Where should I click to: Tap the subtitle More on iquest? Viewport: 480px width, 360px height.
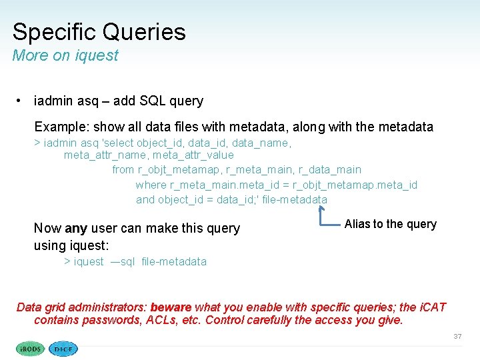[x=65, y=55]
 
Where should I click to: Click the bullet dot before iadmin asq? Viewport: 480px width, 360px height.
[x=21, y=101]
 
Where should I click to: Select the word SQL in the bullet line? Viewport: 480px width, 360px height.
[x=151, y=101]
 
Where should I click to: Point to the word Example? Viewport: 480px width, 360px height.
[x=63, y=127]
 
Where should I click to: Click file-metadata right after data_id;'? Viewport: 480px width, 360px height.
[x=295, y=199]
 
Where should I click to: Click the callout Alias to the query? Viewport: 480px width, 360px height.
[x=390, y=224]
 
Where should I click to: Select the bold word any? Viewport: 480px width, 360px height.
[x=76, y=228]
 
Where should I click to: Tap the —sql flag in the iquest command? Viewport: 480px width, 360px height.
[x=123, y=261]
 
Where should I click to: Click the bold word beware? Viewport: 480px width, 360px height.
[x=171, y=307]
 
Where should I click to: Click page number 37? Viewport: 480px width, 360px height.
[x=457, y=337]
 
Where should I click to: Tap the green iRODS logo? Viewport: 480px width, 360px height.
[x=30, y=348]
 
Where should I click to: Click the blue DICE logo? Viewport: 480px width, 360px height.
[x=64, y=348]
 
